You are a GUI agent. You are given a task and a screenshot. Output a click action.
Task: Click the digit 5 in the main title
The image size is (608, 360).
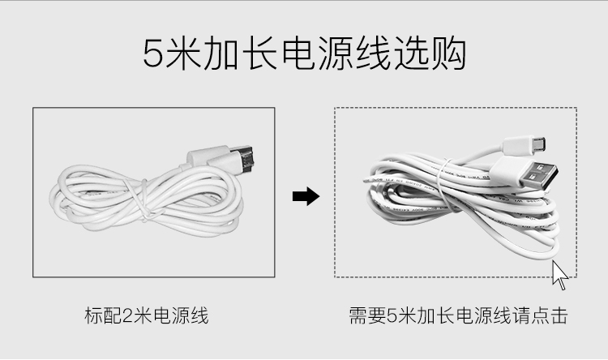coord(152,54)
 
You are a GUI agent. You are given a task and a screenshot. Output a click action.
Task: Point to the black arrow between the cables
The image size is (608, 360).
coord(306,196)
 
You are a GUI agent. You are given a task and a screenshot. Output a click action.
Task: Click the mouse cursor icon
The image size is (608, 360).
coord(560,275)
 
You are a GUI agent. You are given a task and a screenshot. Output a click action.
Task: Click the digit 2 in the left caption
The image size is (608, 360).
coord(128,315)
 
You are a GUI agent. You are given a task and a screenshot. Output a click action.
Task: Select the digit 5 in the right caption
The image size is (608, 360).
coord(392,315)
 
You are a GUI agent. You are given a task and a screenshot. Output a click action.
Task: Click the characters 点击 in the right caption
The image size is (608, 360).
coord(550,315)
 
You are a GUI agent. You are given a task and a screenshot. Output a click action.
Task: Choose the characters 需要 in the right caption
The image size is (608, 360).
coord(367,315)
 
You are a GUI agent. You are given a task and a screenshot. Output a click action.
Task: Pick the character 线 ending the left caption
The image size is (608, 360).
coord(199,315)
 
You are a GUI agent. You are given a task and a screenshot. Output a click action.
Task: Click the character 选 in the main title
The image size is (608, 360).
coord(411,54)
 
